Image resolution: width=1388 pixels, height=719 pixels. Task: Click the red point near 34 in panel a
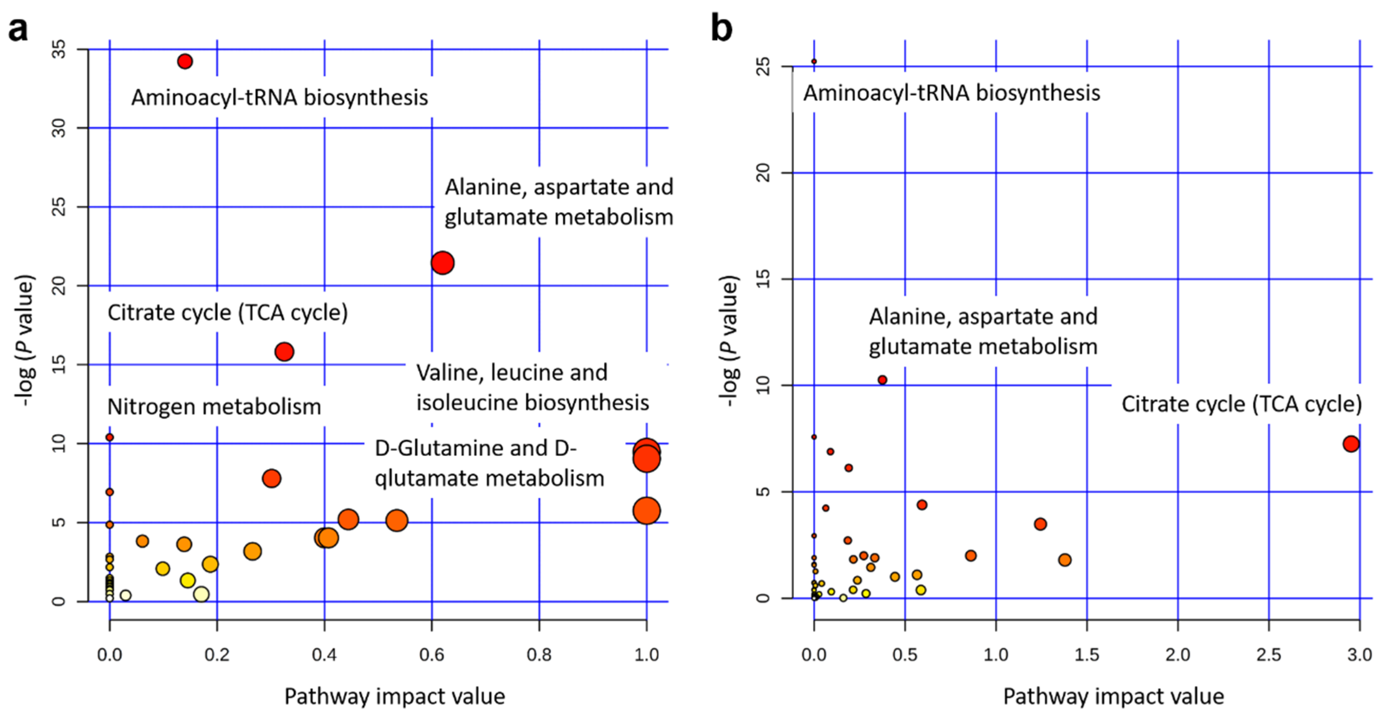(x=185, y=61)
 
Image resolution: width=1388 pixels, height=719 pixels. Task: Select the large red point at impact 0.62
(x=442, y=263)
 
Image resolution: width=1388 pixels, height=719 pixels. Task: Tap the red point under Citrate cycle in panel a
(x=284, y=352)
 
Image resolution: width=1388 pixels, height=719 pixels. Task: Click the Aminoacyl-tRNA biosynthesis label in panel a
(x=279, y=97)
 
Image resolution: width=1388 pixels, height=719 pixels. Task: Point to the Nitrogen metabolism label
(x=214, y=406)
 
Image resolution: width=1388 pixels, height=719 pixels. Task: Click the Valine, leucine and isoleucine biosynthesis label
(x=532, y=387)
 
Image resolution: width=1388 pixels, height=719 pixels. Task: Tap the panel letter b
(x=721, y=28)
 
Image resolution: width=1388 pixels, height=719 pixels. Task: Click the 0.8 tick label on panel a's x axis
(x=539, y=654)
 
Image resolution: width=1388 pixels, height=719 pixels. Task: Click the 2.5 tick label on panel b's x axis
(x=1268, y=654)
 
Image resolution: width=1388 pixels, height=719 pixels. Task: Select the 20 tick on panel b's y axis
(x=763, y=173)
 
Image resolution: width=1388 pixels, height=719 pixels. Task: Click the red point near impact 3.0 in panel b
(x=1351, y=444)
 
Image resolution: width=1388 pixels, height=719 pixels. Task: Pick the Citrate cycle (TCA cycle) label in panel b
(x=1241, y=404)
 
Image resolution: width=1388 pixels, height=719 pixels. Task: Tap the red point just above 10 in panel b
(x=882, y=380)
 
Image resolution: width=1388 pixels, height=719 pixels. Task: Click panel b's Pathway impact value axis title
(x=1113, y=697)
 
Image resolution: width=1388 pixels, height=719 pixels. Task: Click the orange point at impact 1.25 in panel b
(x=1040, y=524)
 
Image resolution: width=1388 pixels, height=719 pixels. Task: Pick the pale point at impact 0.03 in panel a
(x=125, y=595)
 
